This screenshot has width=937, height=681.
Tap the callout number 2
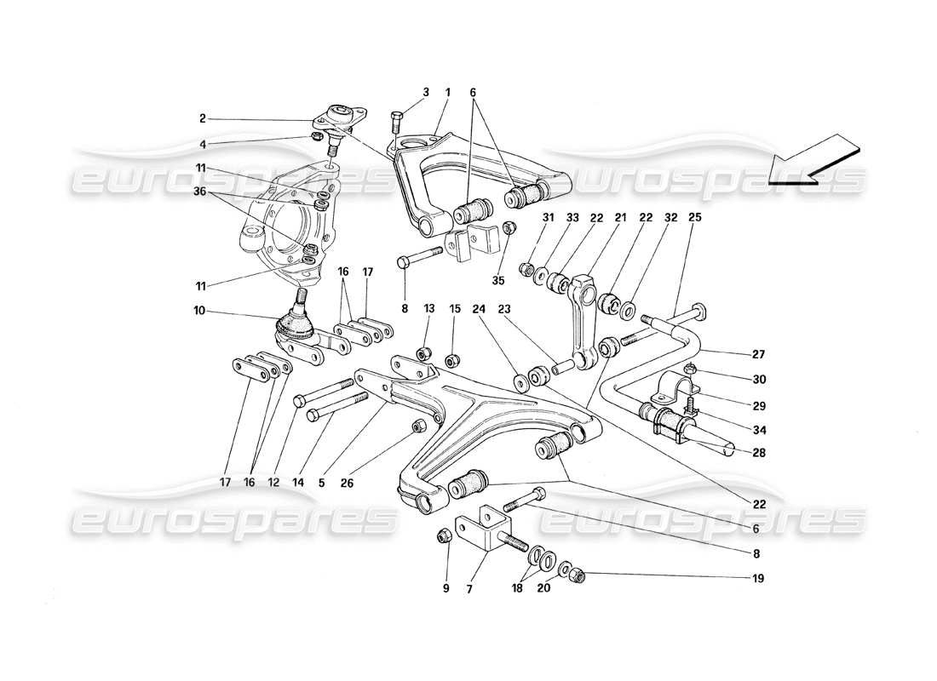pos(203,119)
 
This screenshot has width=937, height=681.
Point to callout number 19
pos(757,578)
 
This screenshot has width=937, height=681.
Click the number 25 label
pos(695,217)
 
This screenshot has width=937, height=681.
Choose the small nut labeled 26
pos(418,426)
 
